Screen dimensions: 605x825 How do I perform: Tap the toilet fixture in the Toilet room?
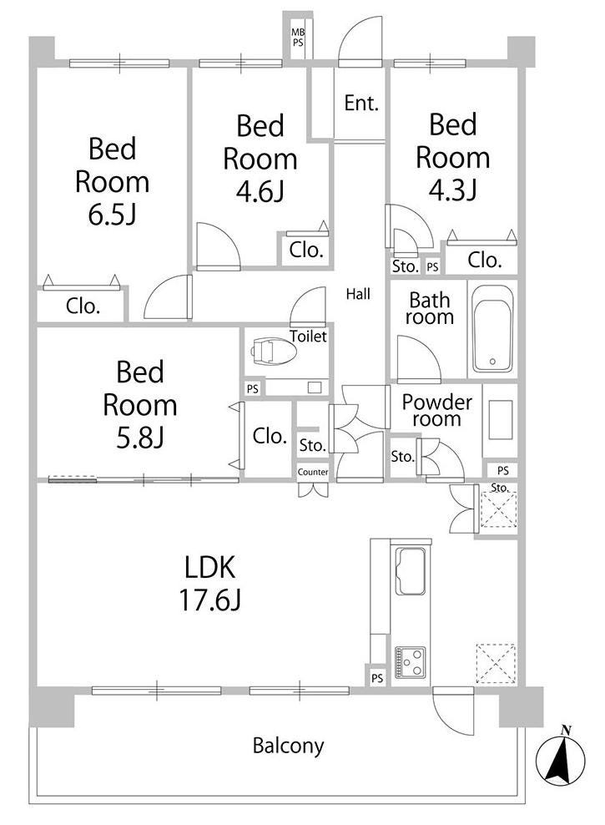274,351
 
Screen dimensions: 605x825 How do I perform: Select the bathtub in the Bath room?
492,329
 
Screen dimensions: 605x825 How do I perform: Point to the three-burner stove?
410,662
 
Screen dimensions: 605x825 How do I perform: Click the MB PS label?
298,38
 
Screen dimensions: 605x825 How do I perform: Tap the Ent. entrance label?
361,104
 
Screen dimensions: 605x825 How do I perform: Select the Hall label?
358,294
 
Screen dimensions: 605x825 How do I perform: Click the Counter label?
313,472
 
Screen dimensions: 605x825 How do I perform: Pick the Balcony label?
288,746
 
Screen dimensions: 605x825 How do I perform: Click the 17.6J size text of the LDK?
210,600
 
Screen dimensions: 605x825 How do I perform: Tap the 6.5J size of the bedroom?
112,215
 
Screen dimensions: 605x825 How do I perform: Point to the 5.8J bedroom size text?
140,438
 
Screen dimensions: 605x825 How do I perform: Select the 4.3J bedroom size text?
452,190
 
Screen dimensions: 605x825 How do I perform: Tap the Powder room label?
436,410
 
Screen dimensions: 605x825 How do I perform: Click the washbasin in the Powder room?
501,420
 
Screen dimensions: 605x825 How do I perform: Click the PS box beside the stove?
377,678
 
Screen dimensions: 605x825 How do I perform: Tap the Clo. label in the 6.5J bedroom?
83,306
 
